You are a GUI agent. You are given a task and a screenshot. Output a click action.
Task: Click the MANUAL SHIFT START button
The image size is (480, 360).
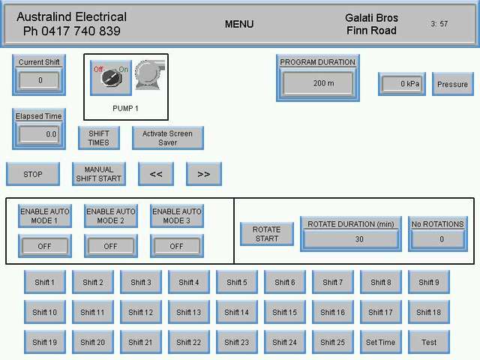point(99,174)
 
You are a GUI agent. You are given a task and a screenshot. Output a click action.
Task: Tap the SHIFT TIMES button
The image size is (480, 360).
point(99,138)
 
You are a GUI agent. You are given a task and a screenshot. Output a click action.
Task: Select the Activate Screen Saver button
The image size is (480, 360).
point(168,138)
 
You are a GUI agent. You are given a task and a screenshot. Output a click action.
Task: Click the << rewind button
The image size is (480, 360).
point(156,174)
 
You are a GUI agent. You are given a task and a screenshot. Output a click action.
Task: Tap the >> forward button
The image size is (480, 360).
point(204,174)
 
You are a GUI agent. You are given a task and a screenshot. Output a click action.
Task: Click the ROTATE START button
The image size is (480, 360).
point(266,234)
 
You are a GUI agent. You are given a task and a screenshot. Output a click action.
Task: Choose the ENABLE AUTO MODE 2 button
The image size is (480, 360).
point(110,216)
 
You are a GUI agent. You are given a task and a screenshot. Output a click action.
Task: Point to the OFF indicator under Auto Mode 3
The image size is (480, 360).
point(176,246)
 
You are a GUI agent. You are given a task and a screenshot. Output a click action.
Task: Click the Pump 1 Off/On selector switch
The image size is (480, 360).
point(111,77)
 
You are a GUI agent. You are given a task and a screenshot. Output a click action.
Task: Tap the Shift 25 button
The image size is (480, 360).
point(332,342)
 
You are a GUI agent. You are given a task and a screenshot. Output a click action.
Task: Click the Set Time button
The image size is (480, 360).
point(380,342)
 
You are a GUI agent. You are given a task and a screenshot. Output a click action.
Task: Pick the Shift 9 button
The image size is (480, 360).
point(429,282)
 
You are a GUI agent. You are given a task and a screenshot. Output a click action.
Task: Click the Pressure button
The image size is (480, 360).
point(452,84)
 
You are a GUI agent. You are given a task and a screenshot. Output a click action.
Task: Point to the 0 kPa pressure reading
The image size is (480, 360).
point(402,84)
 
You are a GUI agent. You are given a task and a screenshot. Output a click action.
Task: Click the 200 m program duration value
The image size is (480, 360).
point(318,83)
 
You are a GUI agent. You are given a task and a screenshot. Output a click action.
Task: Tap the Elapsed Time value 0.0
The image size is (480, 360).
point(39,134)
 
